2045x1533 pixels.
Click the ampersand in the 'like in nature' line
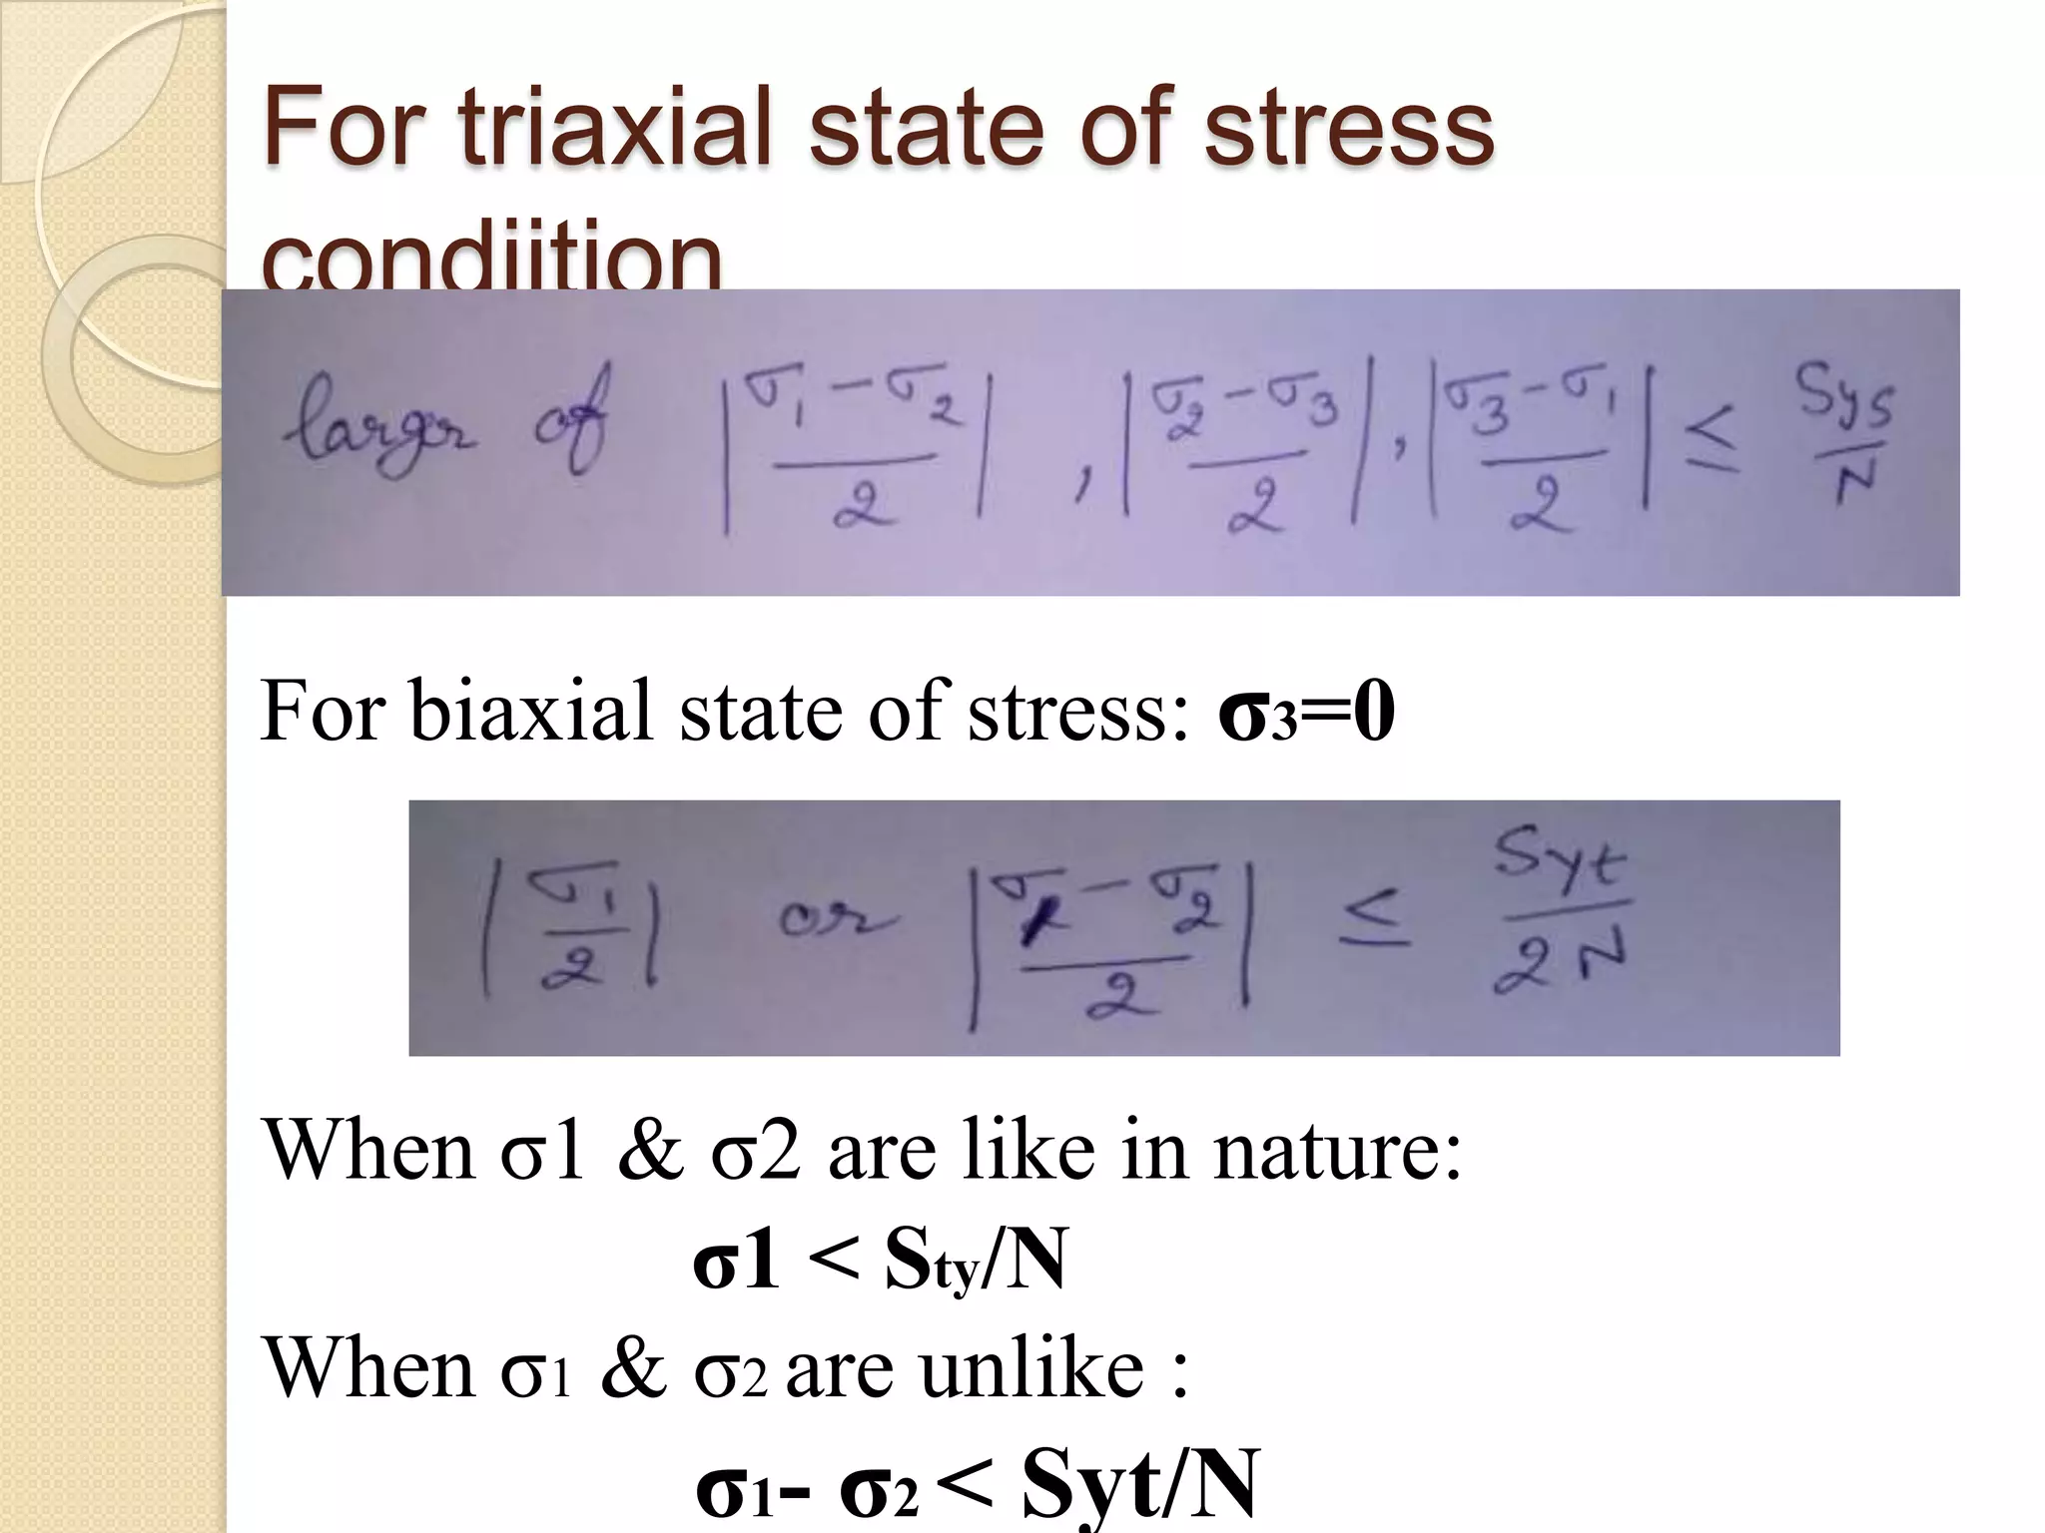pyautogui.click(x=650, y=1151)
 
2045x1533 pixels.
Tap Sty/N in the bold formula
pyautogui.click(x=975, y=1261)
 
